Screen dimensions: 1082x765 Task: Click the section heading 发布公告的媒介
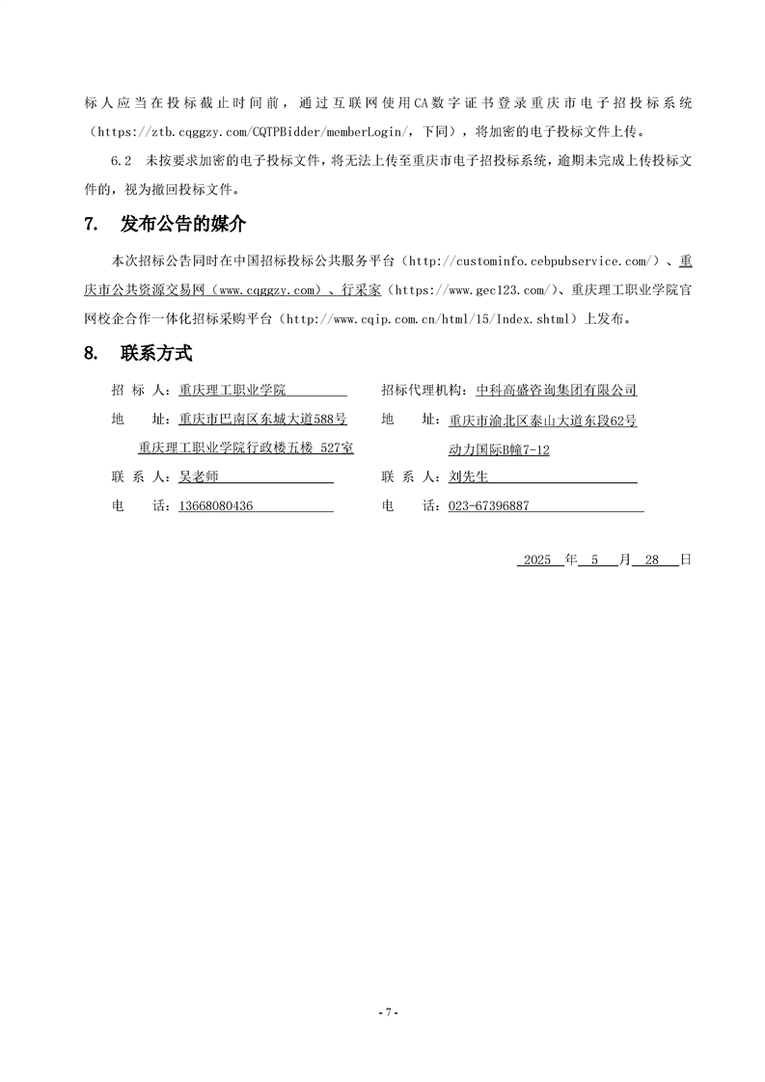[182, 225]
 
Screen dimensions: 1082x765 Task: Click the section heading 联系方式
[156, 353]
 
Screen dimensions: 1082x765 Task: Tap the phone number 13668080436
[216, 505]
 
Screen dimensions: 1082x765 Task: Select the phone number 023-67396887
[489, 505]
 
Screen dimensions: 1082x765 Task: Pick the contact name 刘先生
[470, 476]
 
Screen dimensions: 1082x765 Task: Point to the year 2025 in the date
[535, 559]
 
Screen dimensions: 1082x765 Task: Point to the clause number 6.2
[121, 160]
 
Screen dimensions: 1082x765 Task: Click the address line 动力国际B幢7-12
[499, 449]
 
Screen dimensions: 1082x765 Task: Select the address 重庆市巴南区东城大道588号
[262, 419]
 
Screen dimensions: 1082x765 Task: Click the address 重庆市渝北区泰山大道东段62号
[542, 420]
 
